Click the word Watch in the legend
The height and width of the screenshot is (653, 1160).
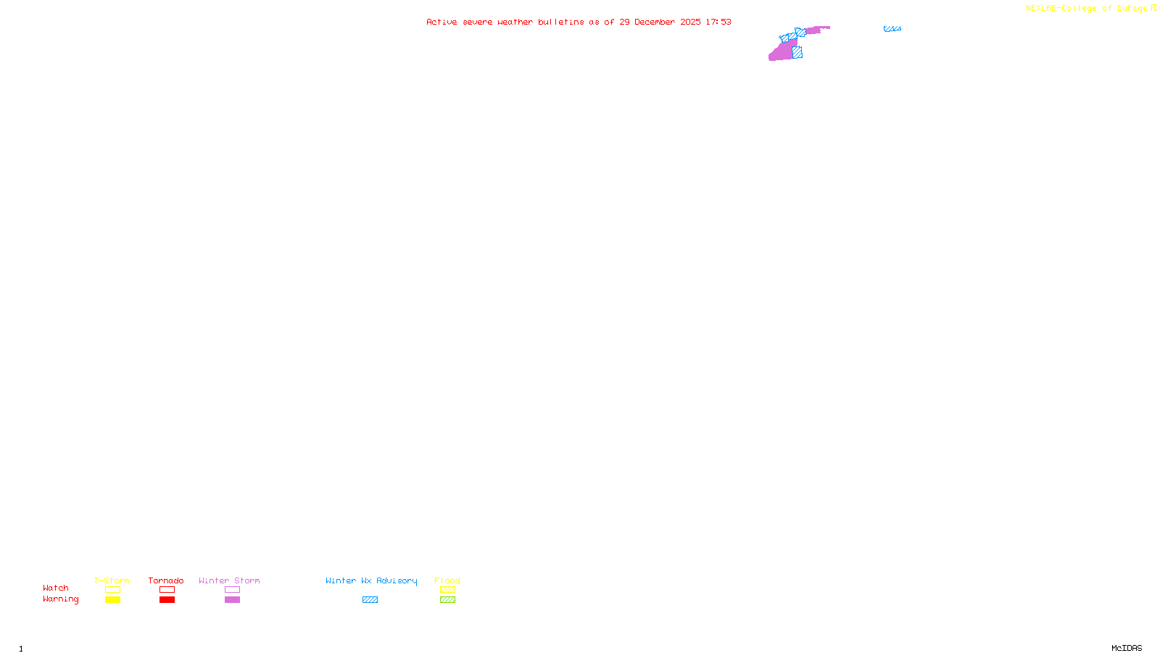click(56, 588)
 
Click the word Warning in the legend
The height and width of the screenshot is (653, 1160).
click(60, 599)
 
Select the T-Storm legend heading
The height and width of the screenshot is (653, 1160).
click(112, 580)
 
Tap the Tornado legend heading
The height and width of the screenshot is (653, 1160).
click(166, 580)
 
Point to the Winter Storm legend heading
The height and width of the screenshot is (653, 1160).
click(229, 580)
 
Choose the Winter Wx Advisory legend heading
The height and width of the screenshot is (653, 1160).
click(371, 580)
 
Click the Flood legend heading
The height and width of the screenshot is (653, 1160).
click(447, 580)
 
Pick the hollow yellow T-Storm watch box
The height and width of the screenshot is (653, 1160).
click(112, 590)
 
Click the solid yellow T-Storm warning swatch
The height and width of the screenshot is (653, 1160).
click(112, 600)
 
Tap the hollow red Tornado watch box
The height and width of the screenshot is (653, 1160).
click(167, 590)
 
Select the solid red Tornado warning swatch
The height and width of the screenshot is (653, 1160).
click(167, 600)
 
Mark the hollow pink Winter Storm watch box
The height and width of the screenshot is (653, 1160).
click(232, 590)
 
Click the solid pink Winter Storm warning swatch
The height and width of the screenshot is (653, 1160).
click(232, 600)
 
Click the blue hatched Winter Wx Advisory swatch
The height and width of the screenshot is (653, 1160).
click(370, 600)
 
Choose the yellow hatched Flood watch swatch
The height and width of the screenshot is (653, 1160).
click(447, 590)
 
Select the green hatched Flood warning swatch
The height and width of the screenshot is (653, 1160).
click(447, 600)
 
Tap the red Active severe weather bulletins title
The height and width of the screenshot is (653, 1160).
click(579, 22)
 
